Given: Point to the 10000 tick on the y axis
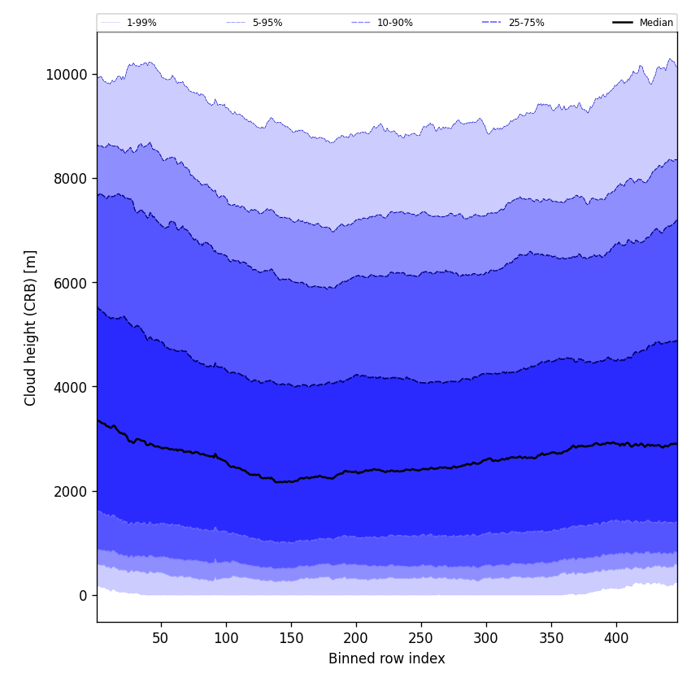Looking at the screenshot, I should click(x=67, y=75).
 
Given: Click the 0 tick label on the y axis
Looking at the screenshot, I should click(x=83, y=595).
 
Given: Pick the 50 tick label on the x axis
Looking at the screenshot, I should click(x=161, y=638).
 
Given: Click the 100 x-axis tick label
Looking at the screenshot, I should click(x=226, y=638).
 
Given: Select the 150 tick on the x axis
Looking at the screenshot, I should click(x=291, y=638).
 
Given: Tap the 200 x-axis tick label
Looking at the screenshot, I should click(x=356, y=638).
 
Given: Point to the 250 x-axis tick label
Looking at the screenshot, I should click(x=421, y=638).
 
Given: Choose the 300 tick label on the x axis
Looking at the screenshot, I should click(x=486, y=638).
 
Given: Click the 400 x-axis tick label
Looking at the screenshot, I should click(x=616, y=638).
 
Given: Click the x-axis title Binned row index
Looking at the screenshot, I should click(x=387, y=658).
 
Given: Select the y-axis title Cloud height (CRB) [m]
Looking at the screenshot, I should click(x=31, y=328).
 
